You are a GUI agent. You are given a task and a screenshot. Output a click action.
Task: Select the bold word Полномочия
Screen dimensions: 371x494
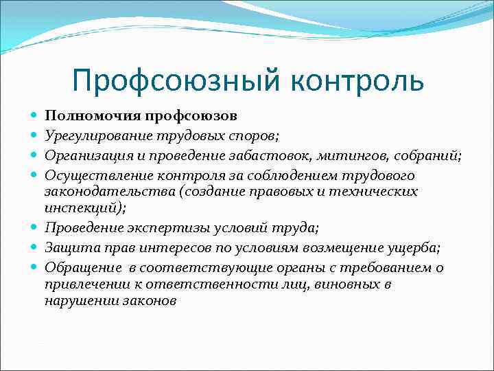(87, 115)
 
